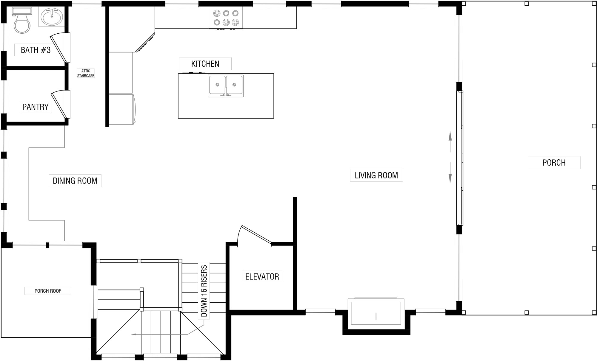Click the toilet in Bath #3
pos(21,20)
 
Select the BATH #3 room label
pos(36,50)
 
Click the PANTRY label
pos(36,107)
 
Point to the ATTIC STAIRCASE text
pos(86,73)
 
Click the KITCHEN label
pos(205,64)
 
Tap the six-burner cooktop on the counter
pos(226,18)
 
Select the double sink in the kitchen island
pos(226,86)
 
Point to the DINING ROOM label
pos(75,181)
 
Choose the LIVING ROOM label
pos(376,175)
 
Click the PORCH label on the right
pos(554,163)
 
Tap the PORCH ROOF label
pos(48,291)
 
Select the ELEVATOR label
pos(262,277)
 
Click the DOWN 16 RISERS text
pos(204,291)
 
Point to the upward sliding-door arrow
pos(450,142)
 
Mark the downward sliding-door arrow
pos(450,172)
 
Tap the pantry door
pos(59,105)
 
